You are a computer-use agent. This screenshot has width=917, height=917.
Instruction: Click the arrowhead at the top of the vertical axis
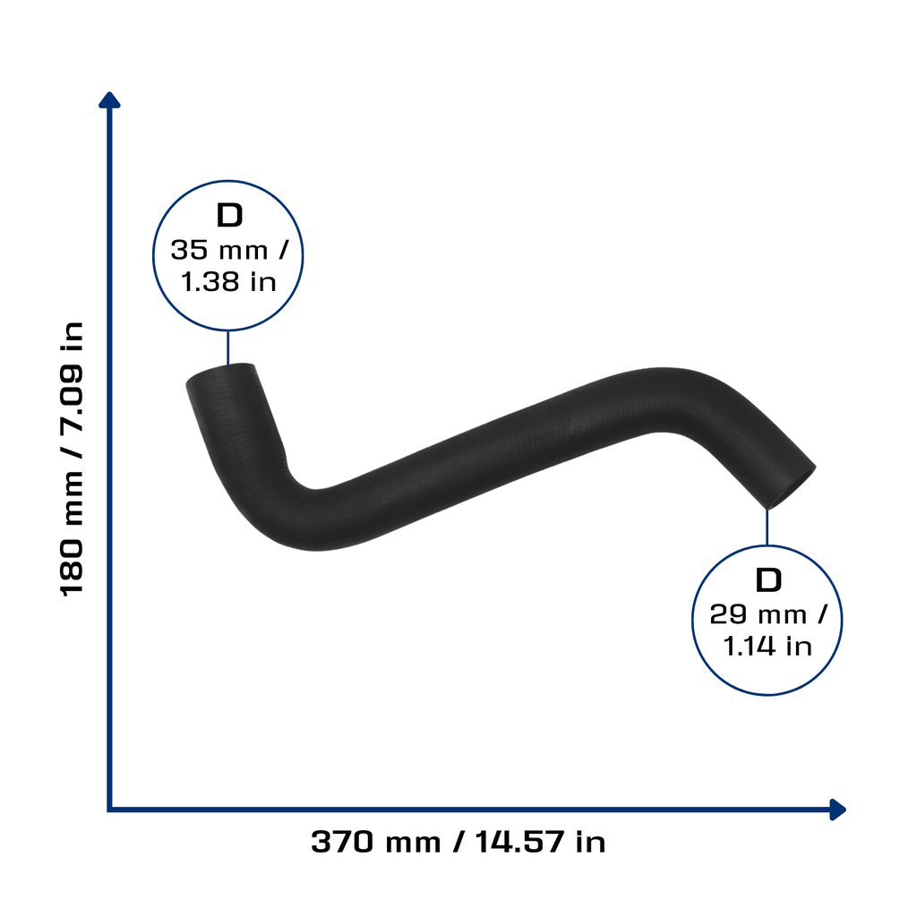point(109,100)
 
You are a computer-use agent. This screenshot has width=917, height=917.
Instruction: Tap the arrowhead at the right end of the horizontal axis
point(838,810)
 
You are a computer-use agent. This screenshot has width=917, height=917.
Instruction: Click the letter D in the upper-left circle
point(229,215)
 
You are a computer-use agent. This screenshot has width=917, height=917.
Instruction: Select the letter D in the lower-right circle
point(768,579)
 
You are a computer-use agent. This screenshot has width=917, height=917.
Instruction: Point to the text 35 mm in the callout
point(219,251)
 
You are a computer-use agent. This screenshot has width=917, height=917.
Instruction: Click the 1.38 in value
point(228,282)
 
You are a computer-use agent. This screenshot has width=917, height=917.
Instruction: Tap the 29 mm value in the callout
point(758,614)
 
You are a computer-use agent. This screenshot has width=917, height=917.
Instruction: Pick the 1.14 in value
point(767,647)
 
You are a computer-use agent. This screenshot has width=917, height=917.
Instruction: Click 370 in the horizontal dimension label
point(342,842)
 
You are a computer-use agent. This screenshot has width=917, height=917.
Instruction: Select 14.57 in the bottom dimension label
point(520,842)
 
